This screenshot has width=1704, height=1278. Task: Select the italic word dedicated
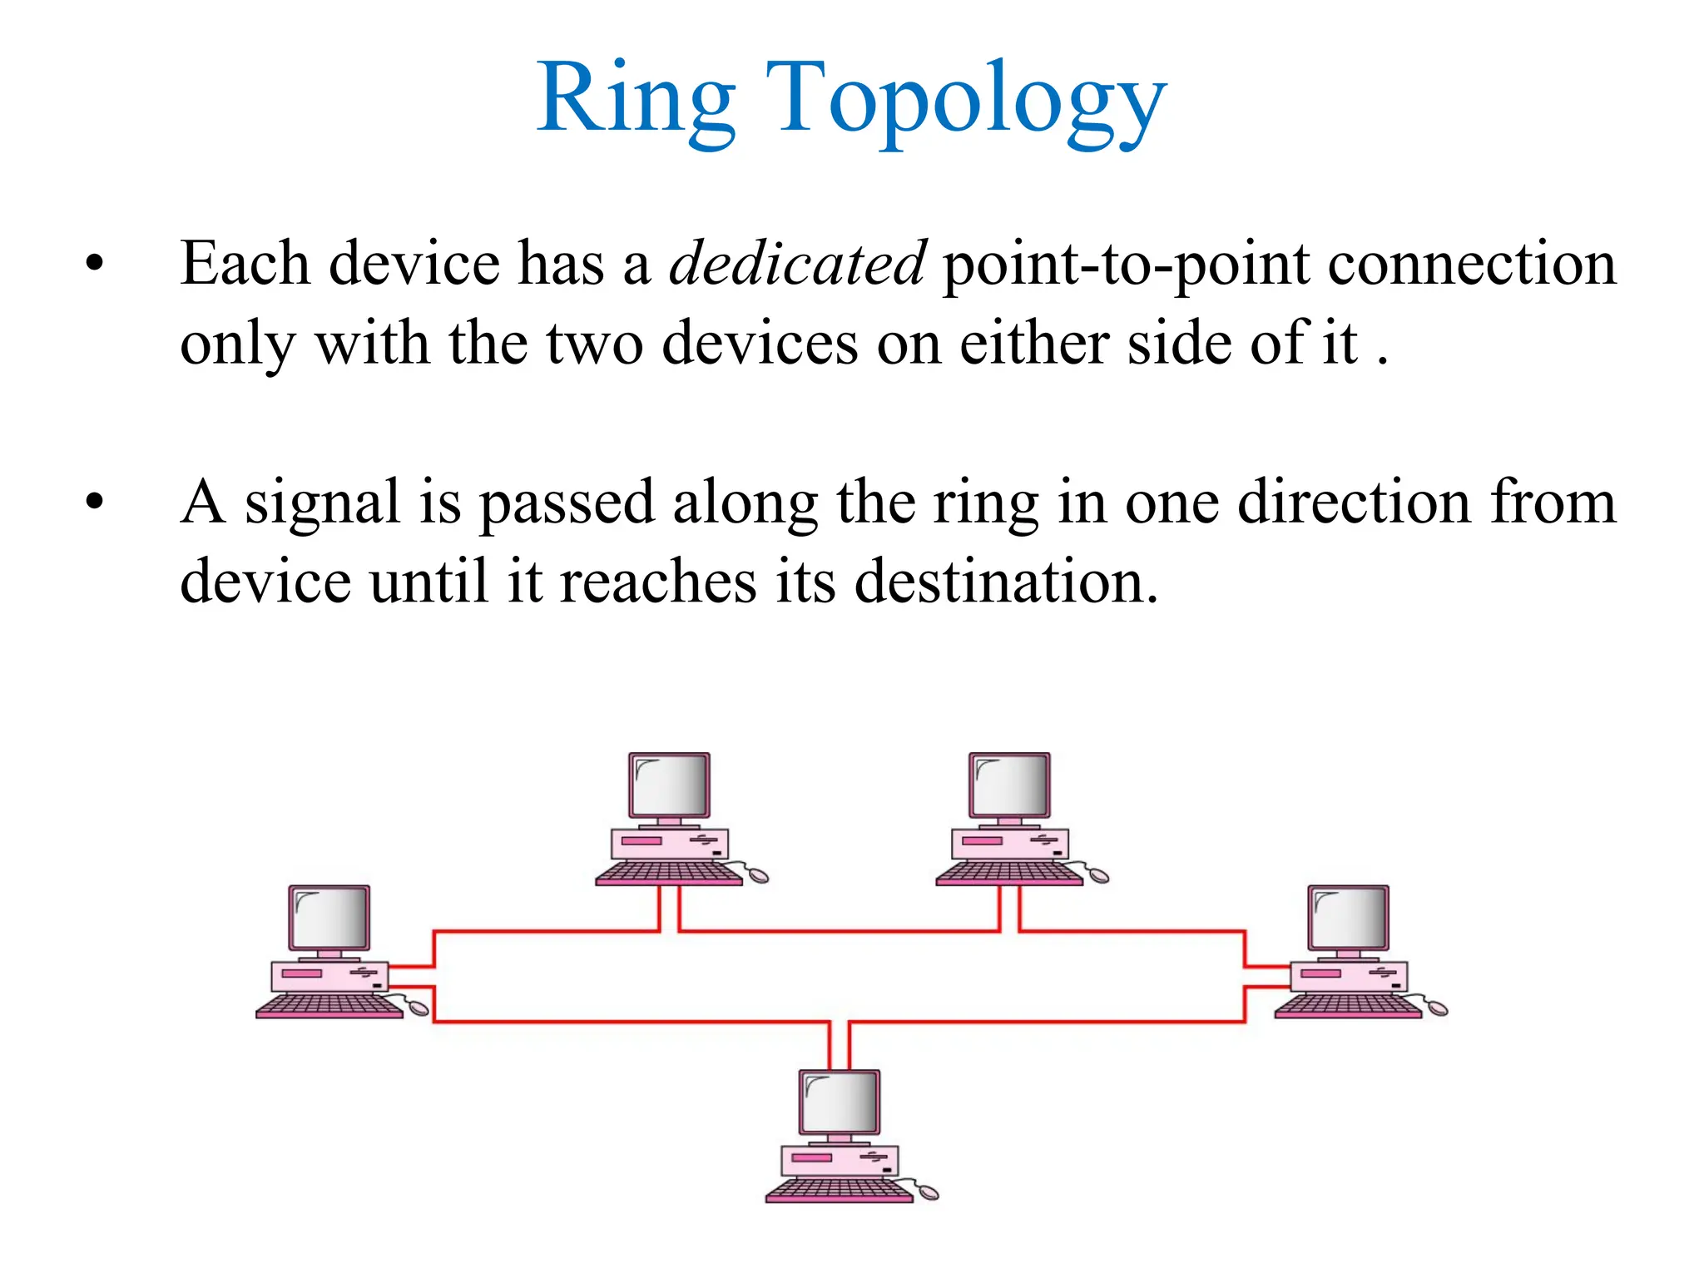(x=797, y=263)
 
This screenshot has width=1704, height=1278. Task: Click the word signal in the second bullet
(x=323, y=503)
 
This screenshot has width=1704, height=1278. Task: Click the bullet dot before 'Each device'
(x=95, y=264)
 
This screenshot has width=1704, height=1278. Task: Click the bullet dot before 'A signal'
(x=95, y=502)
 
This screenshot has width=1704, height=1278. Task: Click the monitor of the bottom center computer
(x=839, y=1102)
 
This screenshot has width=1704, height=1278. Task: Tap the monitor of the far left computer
(x=329, y=917)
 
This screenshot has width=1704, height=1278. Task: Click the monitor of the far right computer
(x=1348, y=917)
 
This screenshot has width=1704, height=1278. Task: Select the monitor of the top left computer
(x=669, y=785)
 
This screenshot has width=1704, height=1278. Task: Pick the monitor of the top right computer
(x=1009, y=785)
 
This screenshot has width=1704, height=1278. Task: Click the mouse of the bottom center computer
(x=927, y=1192)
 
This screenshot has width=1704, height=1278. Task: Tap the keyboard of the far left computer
(x=329, y=1006)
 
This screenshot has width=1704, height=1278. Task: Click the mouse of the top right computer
(x=1097, y=875)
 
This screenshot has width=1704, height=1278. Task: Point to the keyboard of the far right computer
(x=1348, y=1006)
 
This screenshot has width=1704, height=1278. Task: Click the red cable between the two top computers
(x=839, y=930)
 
